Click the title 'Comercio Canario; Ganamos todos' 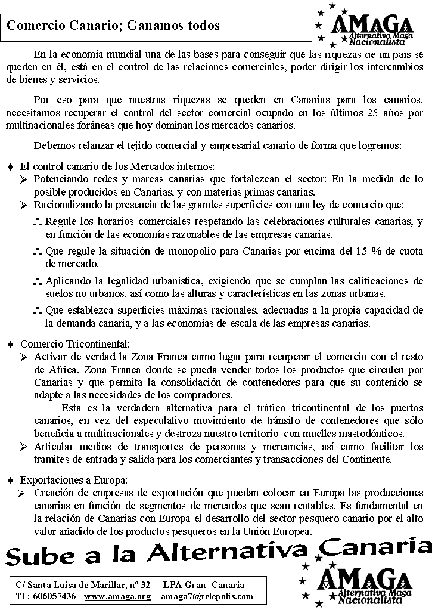(x=113, y=26)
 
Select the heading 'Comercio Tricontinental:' (x=74, y=344)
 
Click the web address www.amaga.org (x=117, y=596)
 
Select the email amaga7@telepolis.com (x=207, y=596)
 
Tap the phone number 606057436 (x=55, y=596)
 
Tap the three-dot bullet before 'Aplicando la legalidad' (x=37, y=280)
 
